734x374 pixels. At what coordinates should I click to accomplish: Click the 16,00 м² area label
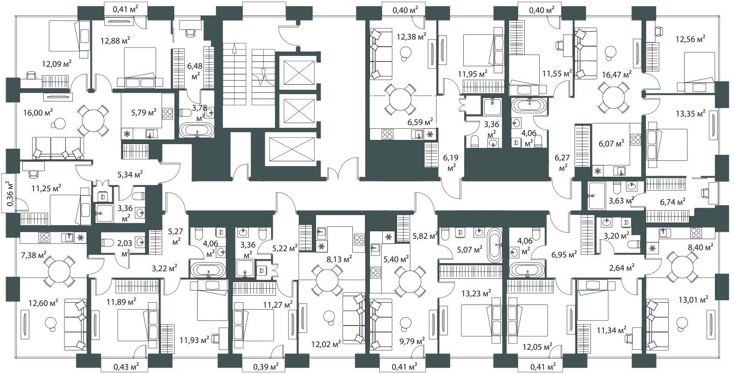tap(38, 113)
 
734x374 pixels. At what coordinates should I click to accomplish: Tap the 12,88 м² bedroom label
tap(116, 41)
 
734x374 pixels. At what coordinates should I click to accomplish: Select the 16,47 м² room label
tap(617, 75)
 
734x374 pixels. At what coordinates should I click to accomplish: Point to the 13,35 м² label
tap(691, 114)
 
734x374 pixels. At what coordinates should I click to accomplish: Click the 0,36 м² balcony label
tap(10, 194)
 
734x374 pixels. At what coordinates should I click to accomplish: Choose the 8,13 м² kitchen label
tap(339, 259)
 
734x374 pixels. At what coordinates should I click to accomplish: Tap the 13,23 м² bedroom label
tap(476, 293)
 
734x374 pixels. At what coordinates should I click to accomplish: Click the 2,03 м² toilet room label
tap(125, 248)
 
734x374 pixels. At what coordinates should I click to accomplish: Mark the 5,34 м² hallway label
tap(130, 174)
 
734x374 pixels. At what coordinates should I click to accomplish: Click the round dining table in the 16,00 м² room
tap(93, 121)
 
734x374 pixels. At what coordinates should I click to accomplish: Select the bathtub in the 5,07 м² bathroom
tap(494, 245)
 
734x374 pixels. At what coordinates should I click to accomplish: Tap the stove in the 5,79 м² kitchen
tap(168, 113)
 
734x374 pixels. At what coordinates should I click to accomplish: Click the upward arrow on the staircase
tap(234, 49)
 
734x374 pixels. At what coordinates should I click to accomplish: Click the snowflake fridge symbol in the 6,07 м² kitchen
tap(598, 171)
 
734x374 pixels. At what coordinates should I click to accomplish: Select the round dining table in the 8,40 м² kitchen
tap(682, 268)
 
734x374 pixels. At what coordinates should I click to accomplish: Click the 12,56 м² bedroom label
tap(690, 39)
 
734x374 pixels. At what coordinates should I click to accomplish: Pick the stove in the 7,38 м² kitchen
tap(44, 237)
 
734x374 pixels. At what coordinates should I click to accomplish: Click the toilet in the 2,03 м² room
tap(108, 243)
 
